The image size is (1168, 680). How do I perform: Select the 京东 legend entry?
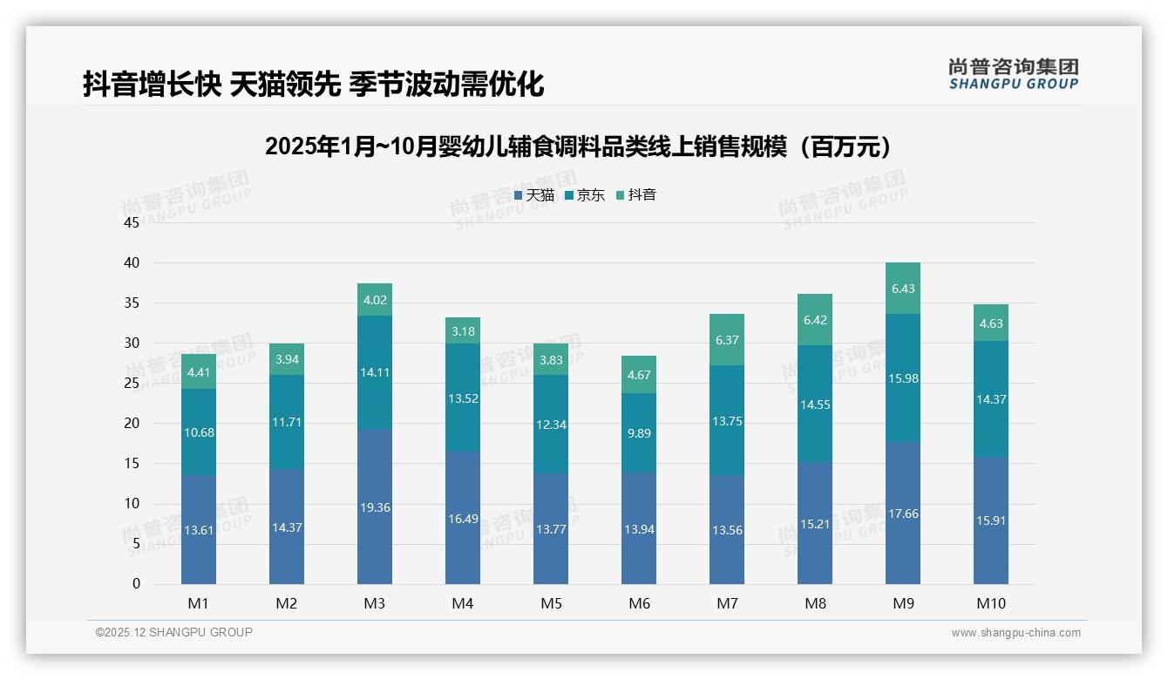point(584,195)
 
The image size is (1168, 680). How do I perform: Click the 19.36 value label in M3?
point(375,507)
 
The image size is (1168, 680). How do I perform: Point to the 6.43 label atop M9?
point(903,289)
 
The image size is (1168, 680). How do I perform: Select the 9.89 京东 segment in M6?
point(639,433)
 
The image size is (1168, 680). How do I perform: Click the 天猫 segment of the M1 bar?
point(199,529)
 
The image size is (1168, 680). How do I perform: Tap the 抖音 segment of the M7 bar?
point(727,340)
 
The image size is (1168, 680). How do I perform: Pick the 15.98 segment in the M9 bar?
point(903,378)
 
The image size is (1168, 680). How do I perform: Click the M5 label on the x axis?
point(551,603)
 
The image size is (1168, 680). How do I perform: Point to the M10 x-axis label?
point(991,603)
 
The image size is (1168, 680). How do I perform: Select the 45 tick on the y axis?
point(132,223)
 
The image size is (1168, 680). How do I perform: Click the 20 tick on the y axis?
point(132,424)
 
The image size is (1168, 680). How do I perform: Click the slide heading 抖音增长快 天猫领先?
point(314,84)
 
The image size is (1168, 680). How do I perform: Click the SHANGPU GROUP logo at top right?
point(1013,74)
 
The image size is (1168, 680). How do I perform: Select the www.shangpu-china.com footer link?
point(1015,633)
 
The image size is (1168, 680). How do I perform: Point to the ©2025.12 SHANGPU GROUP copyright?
point(174,633)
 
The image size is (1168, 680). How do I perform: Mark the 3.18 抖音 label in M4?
point(463,331)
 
